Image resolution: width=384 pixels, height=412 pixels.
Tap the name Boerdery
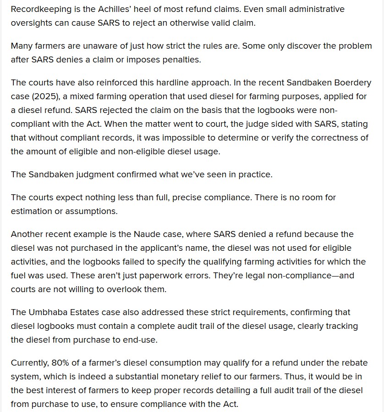(x=342, y=83)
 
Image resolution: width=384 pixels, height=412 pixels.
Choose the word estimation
(x=33, y=211)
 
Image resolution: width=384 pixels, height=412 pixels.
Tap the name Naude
(x=146, y=234)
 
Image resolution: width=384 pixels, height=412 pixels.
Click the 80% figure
(x=60, y=363)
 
